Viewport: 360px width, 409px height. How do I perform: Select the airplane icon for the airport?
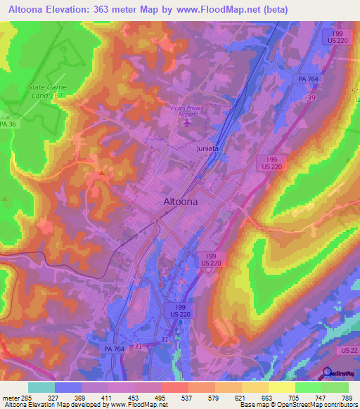click(x=187, y=123)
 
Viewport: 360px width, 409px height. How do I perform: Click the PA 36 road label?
click(x=7, y=124)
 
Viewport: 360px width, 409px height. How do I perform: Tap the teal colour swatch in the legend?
click(x=41, y=387)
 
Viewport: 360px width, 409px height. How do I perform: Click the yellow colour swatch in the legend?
click(x=281, y=387)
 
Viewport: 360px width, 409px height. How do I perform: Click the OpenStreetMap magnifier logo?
click(x=327, y=374)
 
